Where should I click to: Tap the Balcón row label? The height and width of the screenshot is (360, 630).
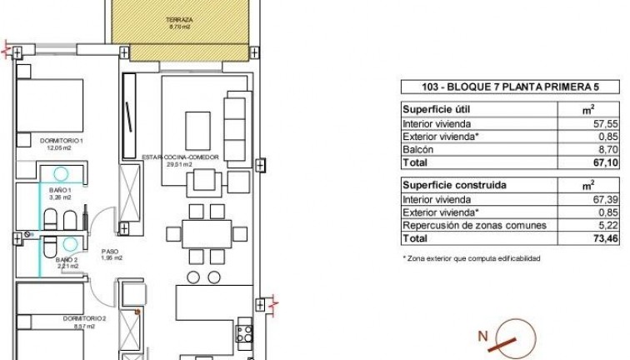tap(417, 150)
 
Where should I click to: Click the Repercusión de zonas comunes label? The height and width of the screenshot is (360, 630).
tap(474, 226)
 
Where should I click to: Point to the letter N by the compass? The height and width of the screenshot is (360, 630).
tap(482, 337)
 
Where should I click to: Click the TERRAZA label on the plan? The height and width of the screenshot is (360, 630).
tap(180, 19)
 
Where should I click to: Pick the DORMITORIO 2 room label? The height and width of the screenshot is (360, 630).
tap(84, 319)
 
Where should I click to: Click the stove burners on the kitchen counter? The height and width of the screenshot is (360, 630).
tap(245, 334)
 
